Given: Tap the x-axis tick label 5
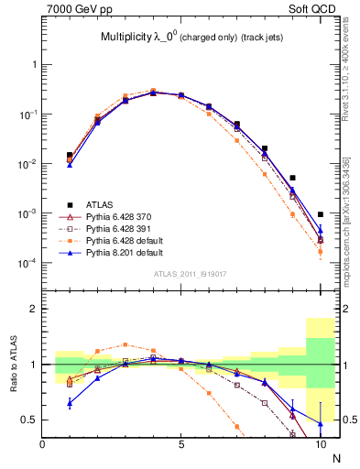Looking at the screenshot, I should tap(181, 444).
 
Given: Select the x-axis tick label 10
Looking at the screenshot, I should tap(320, 444).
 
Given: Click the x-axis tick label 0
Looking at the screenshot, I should tap(42, 444).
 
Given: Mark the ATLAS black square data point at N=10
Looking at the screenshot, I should tap(320, 214).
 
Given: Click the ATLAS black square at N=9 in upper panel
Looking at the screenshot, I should tap(292, 178).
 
